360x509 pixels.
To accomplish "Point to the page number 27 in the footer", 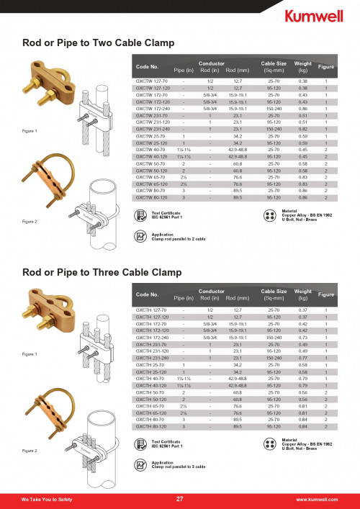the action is point(179,499).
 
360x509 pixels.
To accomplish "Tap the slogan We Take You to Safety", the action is point(45,499).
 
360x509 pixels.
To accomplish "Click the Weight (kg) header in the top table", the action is point(303,68).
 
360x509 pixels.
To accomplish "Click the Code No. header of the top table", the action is point(148,67).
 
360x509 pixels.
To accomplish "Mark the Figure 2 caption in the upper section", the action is point(30,222).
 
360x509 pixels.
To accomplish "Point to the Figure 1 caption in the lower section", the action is point(30,355).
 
